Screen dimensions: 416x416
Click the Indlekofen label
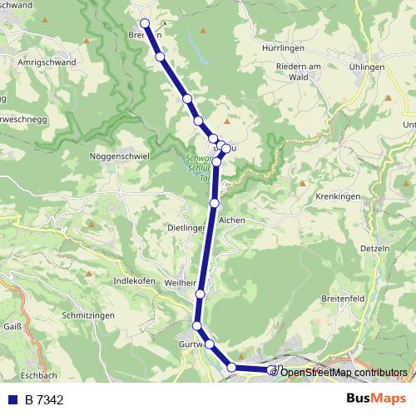click(x=134, y=281)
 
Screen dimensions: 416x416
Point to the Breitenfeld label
click(x=343, y=299)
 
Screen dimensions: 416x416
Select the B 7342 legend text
click(x=44, y=399)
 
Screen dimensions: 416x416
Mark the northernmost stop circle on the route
click(x=145, y=23)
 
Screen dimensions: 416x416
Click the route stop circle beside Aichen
click(x=215, y=202)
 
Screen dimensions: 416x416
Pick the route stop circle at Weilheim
click(x=201, y=294)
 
